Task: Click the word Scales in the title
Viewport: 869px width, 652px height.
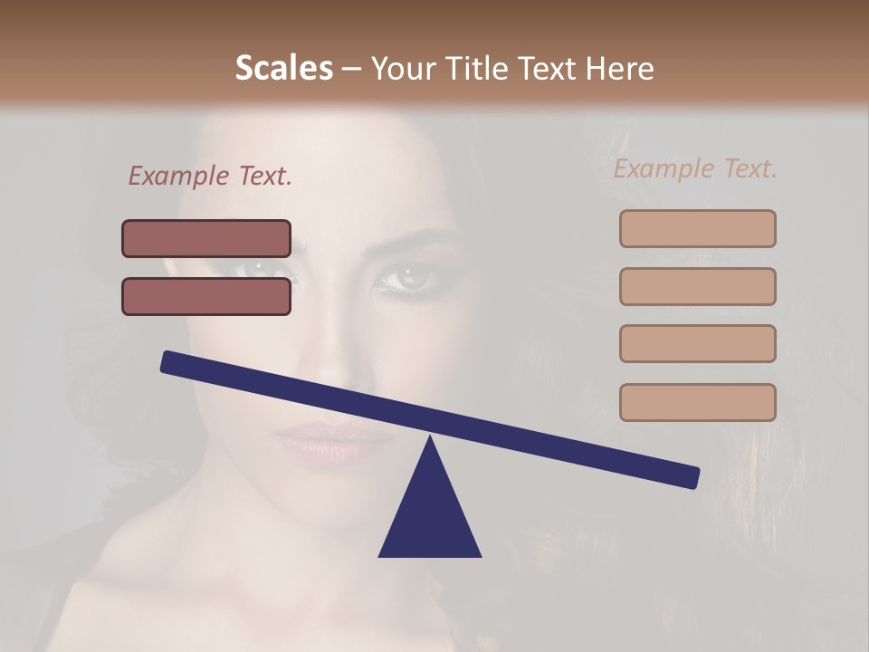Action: point(283,69)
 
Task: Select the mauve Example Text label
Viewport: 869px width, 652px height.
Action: point(210,176)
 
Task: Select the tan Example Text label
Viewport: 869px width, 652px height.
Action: point(695,168)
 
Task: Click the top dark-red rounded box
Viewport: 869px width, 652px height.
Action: point(206,239)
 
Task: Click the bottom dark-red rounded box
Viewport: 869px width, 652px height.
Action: point(206,296)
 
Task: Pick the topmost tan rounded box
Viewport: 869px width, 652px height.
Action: point(697,228)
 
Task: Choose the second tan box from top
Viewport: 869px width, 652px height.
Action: point(697,286)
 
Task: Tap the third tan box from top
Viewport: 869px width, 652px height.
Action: point(697,344)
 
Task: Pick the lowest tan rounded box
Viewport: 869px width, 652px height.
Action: point(697,402)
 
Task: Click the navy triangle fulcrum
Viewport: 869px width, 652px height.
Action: point(429,516)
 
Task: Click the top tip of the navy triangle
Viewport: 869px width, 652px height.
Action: point(430,439)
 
